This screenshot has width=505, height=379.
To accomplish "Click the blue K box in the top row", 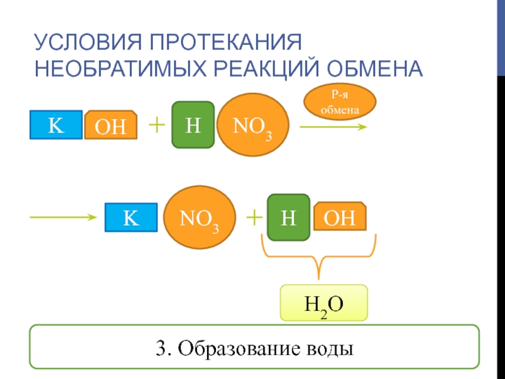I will (x=56, y=124).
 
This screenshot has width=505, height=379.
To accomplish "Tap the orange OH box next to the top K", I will (x=110, y=125).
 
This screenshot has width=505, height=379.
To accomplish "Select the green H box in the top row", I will (x=193, y=125).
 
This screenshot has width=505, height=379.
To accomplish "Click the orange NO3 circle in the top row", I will (x=252, y=125).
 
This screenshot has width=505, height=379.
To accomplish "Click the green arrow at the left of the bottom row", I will (x=63, y=217).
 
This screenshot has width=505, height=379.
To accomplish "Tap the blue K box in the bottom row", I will (x=131, y=217).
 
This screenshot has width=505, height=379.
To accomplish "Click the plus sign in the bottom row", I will (x=254, y=217).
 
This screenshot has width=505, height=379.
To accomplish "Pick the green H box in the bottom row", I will (x=288, y=217).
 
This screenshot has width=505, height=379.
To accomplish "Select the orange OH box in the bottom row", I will (x=340, y=217).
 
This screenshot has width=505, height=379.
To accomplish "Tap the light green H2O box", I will (x=324, y=303).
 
